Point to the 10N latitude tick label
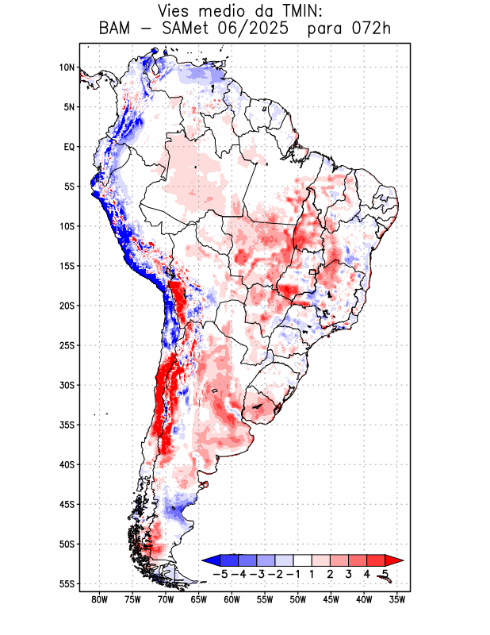[x=67, y=67]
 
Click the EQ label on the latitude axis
[x=69, y=147]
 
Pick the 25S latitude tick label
[x=67, y=345]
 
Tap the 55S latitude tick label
[x=67, y=583]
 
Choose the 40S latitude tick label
[x=67, y=464]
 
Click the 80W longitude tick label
[x=100, y=599]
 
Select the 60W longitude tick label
[x=232, y=599]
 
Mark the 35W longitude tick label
[x=398, y=599]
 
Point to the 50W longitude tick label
[x=299, y=599]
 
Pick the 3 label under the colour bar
[x=348, y=573]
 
